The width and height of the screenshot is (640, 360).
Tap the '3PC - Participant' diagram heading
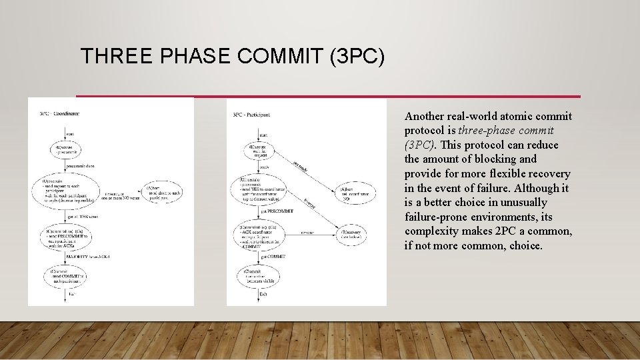click(x=251, y=114)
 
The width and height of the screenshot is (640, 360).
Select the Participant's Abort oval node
click(x=357, y=194)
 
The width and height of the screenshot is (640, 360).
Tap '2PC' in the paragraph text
click(x=507, y=231)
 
